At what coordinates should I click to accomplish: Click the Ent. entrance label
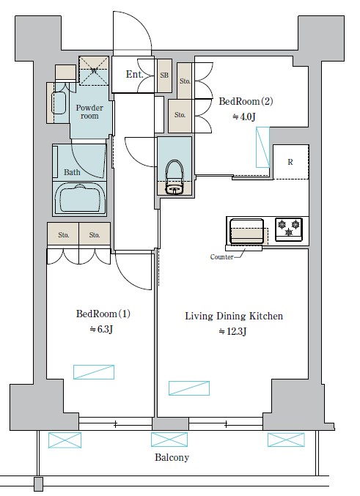click(x=134, y=74)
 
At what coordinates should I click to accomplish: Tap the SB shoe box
click(x=164, y=75)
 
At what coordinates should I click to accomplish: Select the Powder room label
click(x=89, y=111)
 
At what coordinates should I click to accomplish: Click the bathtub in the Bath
click(x=80, y=199)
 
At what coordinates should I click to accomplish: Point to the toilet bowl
click(x=175, y=177)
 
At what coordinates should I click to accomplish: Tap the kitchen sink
click(x=246, y=232)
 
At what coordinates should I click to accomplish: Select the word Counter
click(x=221, y=257)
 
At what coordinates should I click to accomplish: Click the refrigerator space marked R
click(x=290, y=162)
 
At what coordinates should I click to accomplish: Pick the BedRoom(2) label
click(x=246, y=101)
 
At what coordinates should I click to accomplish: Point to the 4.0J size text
click(x=244, y=116)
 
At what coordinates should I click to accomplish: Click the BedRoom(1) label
click(x=103, y=314)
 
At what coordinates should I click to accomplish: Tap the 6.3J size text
click(x=101, y=329)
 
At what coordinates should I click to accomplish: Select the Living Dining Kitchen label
click(x=234, y=316)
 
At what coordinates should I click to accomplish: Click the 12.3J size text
click(x=232, y=331)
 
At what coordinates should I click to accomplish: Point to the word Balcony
click(x=172, y=457)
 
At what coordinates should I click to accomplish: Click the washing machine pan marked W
click(x=94, y=71)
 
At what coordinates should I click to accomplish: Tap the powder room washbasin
click(x=59, y=103)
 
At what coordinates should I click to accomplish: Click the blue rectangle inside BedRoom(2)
click(x=262, y=147)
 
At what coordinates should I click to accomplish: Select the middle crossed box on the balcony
click(x=169, y=440)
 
